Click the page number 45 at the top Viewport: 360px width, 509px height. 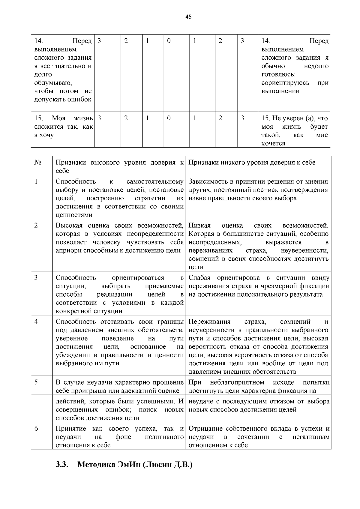188,17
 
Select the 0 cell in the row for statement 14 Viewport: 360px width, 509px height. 169,41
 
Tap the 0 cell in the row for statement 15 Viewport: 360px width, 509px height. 169,118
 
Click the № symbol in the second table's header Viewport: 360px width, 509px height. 38,163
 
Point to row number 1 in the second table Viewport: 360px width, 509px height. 36,181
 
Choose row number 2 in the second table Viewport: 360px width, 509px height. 36,225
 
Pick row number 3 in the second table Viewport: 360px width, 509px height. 36,277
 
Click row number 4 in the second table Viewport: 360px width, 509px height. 36,322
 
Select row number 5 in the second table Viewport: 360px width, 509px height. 36,382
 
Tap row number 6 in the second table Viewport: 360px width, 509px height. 36,429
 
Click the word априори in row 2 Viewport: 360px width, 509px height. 67,250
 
